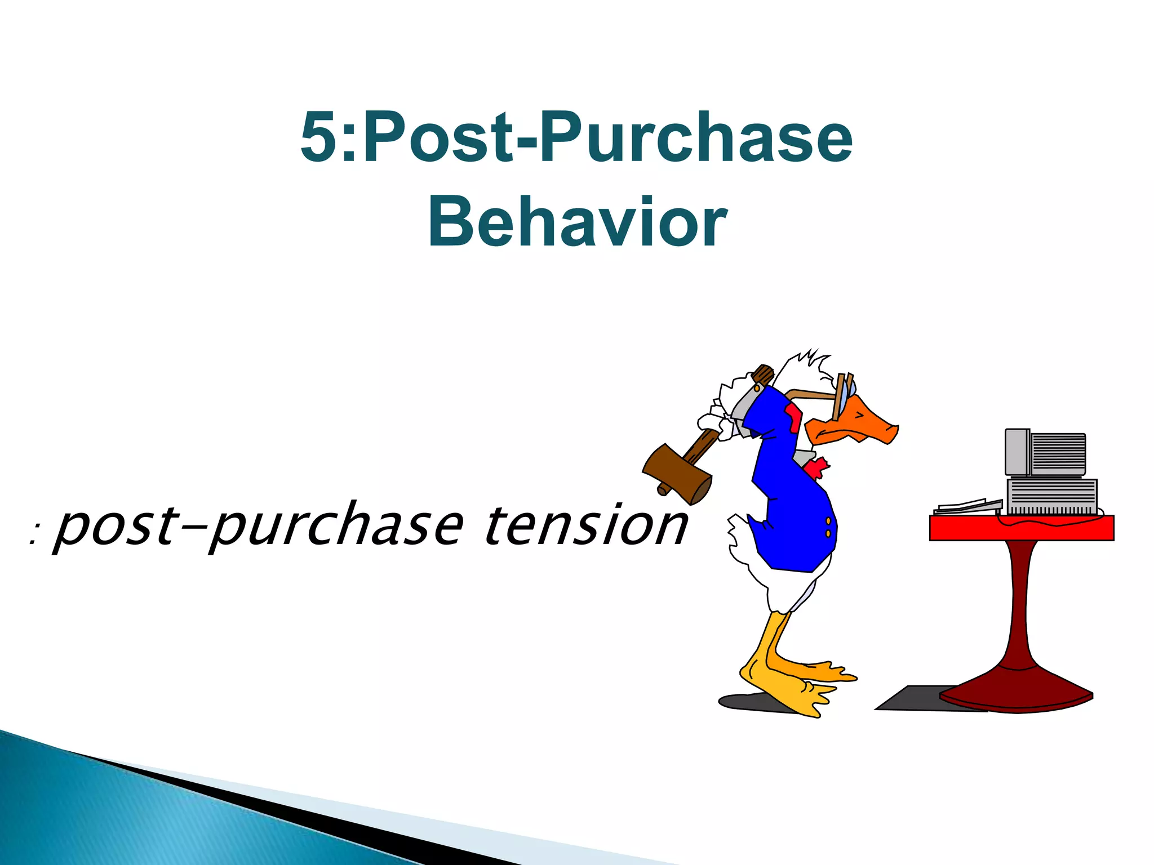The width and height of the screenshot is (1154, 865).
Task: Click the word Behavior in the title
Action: pyautogui.click(x=577, y=222)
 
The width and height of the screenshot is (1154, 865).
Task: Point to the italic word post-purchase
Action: pyautogui.click(x=259, y=527)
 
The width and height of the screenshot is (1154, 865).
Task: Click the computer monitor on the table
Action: pyautogui.click(x=1046, y=453)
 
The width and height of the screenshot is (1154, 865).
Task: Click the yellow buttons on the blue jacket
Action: pyautogui.click(x=828, y=528)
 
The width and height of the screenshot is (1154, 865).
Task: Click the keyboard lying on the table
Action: pyautogui.click(x=967, y=506)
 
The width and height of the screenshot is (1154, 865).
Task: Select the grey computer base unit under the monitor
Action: pyautogui.click(x=1051, y=496)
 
